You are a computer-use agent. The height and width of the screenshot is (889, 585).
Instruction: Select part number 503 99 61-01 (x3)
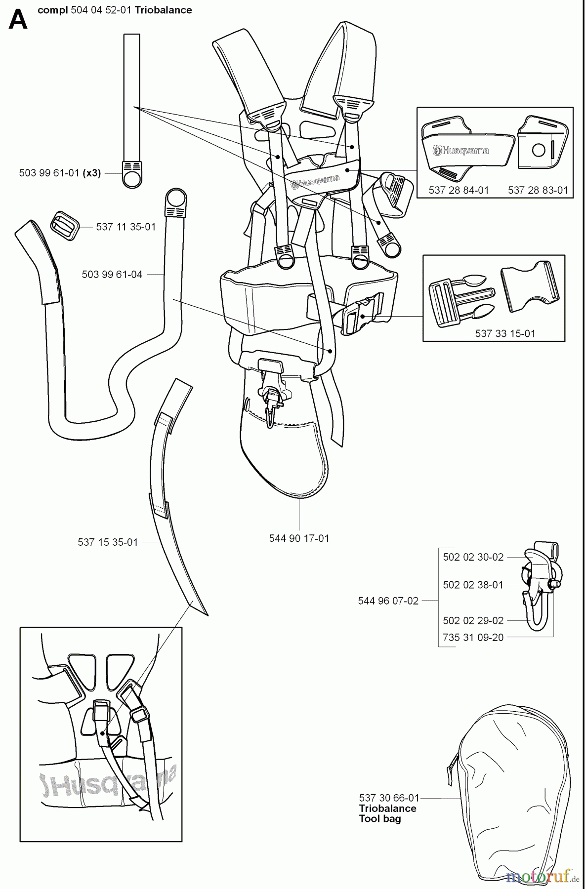click(x=60, y=173)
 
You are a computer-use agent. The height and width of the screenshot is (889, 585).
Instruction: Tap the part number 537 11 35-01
click(x=125, y=227)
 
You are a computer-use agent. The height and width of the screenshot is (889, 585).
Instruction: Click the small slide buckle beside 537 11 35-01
click(x=64, y=226)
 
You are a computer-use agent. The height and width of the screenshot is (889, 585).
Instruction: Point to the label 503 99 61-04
click(x=112, y=274)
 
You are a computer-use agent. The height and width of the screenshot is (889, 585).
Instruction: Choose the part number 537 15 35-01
click(x=108, y=542)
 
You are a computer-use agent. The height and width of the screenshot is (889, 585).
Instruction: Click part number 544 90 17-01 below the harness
click(x=299, y=538)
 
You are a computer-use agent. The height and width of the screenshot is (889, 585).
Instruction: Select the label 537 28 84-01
click(x=459, y=190)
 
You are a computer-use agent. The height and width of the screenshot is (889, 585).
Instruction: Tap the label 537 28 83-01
click(x=538, y=190)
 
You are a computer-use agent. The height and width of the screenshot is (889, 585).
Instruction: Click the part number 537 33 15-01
click(x=505, y=333)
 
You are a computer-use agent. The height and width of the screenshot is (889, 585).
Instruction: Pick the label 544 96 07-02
click(x=388, y=601)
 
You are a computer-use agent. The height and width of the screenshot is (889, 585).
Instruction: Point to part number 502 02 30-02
click(x=473, y=557)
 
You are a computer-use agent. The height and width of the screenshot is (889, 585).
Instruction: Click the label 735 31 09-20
click(x=473, y=638)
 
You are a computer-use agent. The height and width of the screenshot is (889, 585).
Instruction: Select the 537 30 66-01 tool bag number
click(x=389, y=798)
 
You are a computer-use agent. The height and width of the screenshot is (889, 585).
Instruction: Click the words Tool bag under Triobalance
click(x=379, y=819)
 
